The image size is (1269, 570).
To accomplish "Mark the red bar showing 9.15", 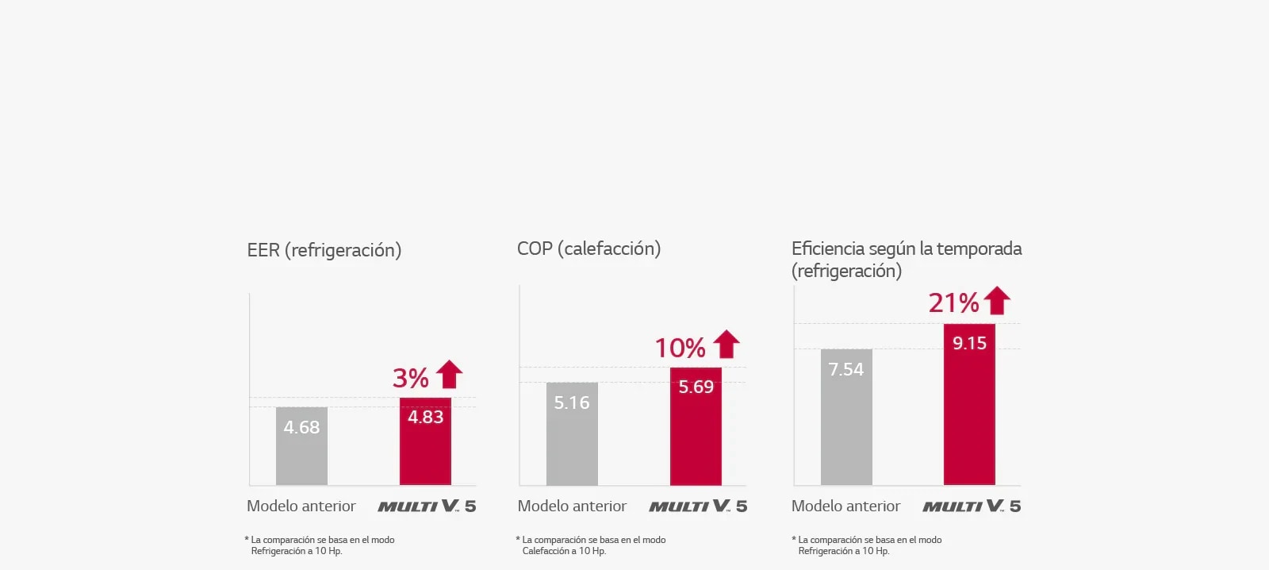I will pyautogui.click(x=969, y=404).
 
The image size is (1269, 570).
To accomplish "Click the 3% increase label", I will pyautogui.click(x=411, y=378).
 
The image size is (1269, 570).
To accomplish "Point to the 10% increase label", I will pyautogui.click(x=680, y=348).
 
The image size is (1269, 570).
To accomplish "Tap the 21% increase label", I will pyautogui.click(x=954, y=302).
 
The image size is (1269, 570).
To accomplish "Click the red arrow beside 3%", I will pyautogui.click(x=449, y=374).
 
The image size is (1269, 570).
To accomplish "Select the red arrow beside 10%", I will pyautogui.click(x=726, y=344).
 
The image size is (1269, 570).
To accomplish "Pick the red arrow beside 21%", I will pyautogui.click(x=997, y=300).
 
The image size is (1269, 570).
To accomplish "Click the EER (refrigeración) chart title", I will pyautogui.click(x=324, y=250).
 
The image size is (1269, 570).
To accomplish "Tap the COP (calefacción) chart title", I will pyautogui.click(x=588, y=248).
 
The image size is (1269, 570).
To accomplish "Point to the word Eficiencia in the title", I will pyautogui.click(x=828, y=248).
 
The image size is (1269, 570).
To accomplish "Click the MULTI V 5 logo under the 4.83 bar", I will pyautogui.click(x=427, y=506).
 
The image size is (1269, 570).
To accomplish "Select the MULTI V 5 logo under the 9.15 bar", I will pyautogui.click(x=972, y=506).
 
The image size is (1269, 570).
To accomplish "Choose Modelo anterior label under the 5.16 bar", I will pyautogui.click(x=572, y=506).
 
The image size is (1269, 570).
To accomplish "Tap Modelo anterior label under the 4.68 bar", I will pyautogui.click(x=301, y=506).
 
